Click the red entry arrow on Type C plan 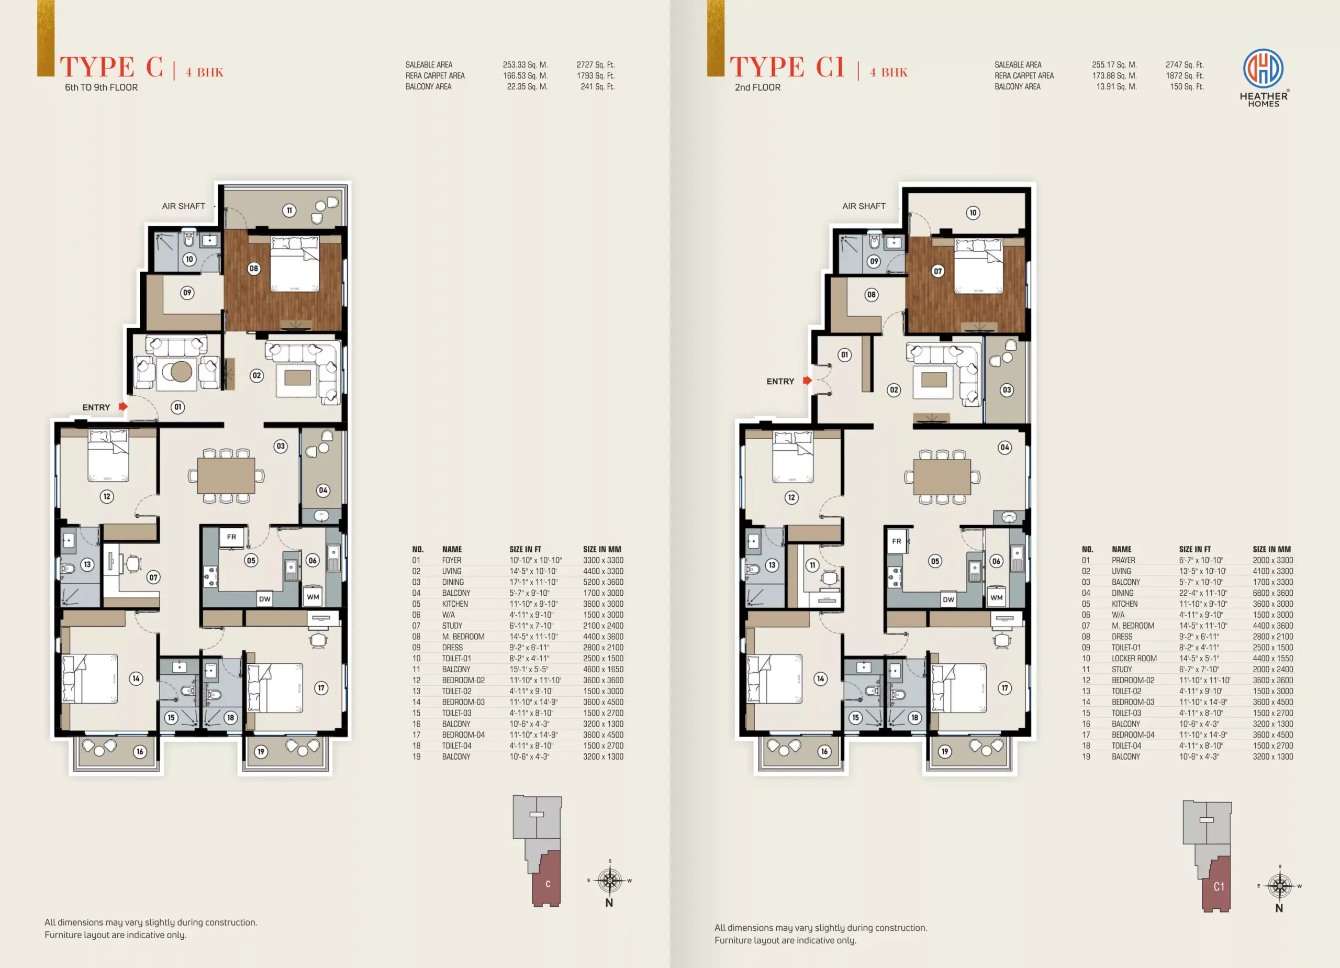(123, 407)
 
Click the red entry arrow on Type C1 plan (807, 381)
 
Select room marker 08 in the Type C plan (254, 268)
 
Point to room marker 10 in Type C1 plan (973, 213)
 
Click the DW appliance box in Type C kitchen (265, 598)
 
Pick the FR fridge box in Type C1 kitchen (897, 541)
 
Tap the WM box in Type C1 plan (997, 597)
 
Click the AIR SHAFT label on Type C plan (184, 206)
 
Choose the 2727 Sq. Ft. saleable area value (596, 65)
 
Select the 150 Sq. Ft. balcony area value (1187, 87)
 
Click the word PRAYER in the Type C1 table (1123, 560)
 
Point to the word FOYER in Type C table (452, 560)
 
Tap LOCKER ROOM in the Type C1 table (1134, 659)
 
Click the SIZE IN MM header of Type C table (602, 549)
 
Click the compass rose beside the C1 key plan (1280, 886)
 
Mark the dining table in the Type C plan (226, 476)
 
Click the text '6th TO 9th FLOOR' (101, 87)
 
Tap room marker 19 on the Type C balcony (261, 752)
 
